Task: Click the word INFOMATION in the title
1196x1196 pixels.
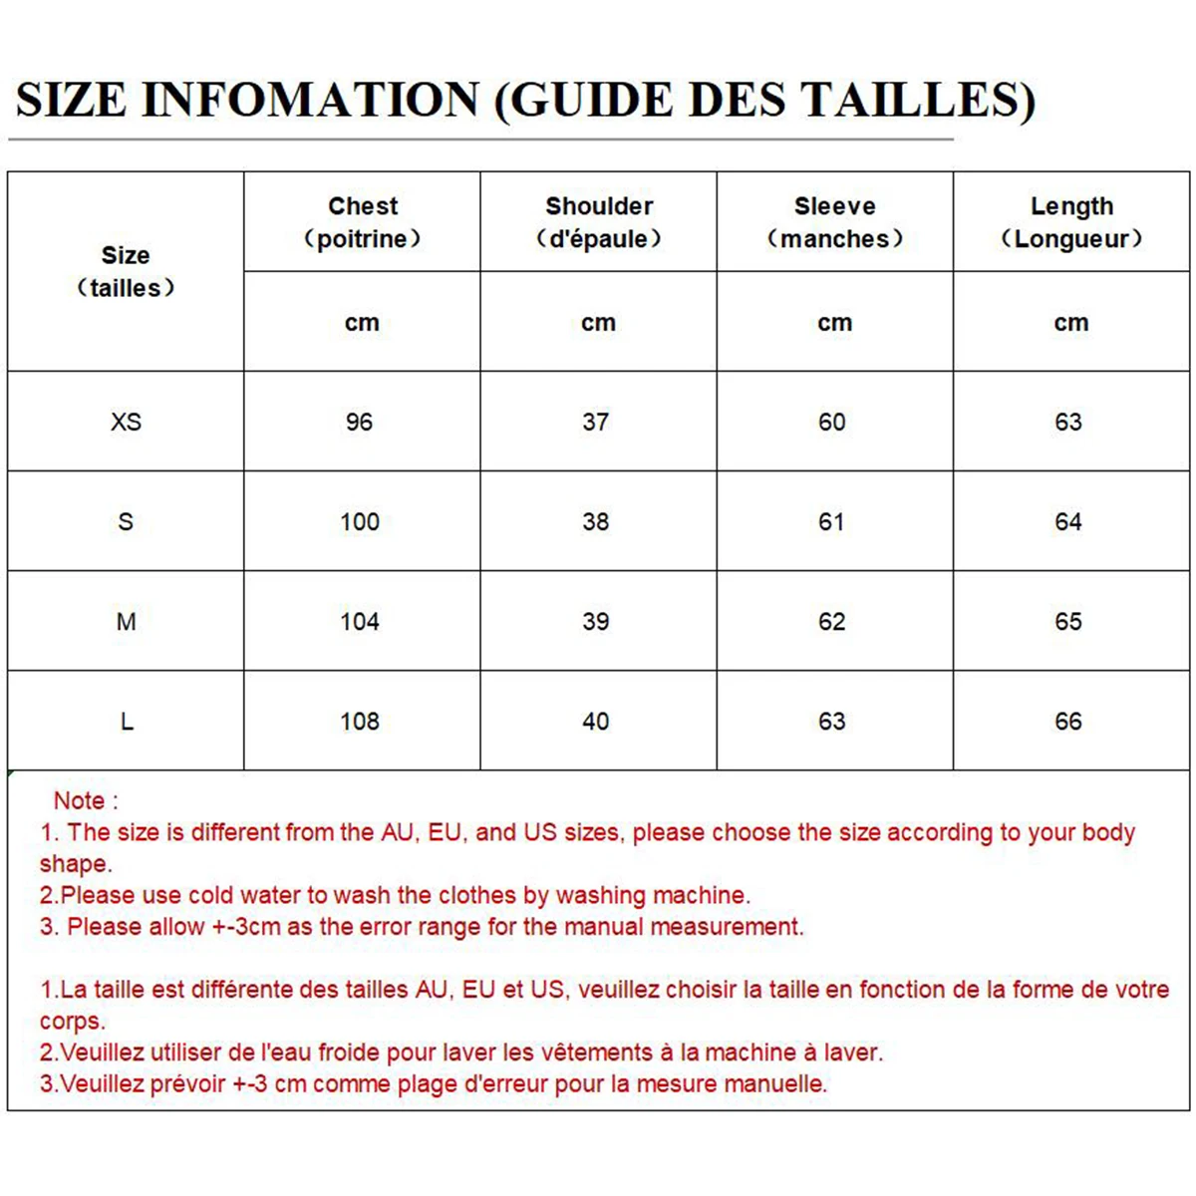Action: (310, 100)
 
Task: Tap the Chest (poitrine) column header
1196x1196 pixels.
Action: (363, 222)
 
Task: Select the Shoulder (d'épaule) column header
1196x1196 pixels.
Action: (599, 222)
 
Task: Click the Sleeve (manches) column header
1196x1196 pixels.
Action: (835, 222)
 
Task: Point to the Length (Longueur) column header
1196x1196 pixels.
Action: (1071, 222)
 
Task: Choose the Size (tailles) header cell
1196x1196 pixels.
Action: (126, 271)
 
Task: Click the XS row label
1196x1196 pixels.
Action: (126, 422)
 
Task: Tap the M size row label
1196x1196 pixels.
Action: (126, 622)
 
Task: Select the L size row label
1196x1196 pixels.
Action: (127, 722)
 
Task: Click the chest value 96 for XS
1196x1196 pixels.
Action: (360, 422)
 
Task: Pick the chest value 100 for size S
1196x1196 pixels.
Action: (360, 521)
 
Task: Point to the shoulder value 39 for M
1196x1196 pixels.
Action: (596, 622)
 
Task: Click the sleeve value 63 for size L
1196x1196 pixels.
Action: (832, 722)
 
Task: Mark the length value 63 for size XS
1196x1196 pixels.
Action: (1068, 422)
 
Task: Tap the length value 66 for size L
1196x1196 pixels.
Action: (1068, 722)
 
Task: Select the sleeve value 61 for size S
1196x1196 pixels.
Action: (832, 521)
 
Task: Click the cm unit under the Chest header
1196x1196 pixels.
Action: (362, 323)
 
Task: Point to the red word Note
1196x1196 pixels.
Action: (80, 800)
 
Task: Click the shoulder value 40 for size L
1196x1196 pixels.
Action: (596, 722)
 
